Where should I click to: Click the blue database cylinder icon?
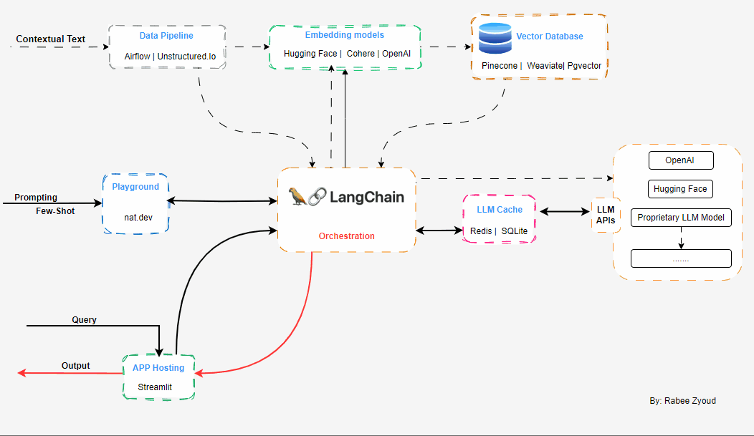pyautogui.click(x=495, y=39)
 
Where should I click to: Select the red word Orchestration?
pyautogui.click(x=347, y=236)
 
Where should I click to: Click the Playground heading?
pyautogui.click(x=135, y=187)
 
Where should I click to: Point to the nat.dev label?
pyautogui.click(x=135, y=215)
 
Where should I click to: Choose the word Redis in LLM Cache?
pyautogui.click(x=481, y=231)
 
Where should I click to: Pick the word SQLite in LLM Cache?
pyautogui.click(x=514, y=231)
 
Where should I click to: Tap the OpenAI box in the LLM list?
pyautogui.click(x=680, y=160)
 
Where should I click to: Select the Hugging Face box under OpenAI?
pyautogui.click(x=680, y=189)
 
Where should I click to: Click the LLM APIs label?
pyautogui.click(x=606, y=214)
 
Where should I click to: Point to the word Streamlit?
pyautogui.click(x=156, y=387)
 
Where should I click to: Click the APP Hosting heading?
pyautogui.click(x=158, y=368)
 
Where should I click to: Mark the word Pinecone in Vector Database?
pyautogui.click(x=498, y=66)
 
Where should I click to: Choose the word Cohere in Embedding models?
pyautogui.click(x=361, y=54)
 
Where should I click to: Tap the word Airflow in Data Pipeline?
pyautogui.click(x=138, y=56)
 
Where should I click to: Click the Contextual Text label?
pyautogui.click(x=50, y=39)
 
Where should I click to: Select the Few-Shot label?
pyautogui.click(x=55, y=211)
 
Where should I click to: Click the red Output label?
pyautogui.click(x=75, y=366)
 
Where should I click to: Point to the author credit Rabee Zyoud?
pyautogui.click(x=682, y=401)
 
